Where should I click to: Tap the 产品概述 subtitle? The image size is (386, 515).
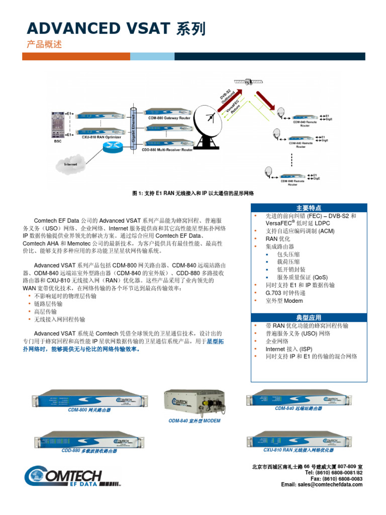click(44, 44)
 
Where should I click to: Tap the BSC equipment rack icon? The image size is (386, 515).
click(56, 123)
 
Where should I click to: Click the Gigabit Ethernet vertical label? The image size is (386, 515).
click(134, 128)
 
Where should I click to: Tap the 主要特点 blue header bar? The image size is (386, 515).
click(309, 208)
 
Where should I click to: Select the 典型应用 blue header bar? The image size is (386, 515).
click(309, 318)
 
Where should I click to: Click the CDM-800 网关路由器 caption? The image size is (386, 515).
click(89, 410)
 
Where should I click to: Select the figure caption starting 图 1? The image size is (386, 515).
click(193, 194)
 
